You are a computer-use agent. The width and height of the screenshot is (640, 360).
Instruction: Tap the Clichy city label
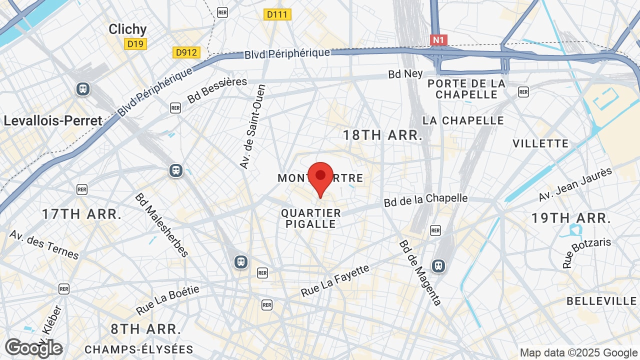(x=127, y=29)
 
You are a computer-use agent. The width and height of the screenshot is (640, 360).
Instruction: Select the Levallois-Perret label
(x=53, y=120)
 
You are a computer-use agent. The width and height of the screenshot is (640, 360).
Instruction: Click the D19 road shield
(x=135, y=44)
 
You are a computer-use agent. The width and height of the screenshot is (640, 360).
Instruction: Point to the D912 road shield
(x=186, y=52)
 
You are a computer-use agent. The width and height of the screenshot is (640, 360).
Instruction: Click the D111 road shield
(x=277, y=14)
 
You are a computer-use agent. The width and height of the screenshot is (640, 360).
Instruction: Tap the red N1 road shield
(x=438, y=40)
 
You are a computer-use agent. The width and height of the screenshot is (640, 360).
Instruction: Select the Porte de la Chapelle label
(x=466, y=89)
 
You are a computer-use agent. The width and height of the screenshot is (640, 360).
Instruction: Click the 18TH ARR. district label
(x=382, y=135)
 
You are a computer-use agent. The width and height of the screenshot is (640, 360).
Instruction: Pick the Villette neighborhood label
(x=540, y=144)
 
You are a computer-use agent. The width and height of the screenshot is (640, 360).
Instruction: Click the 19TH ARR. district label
(x=571, y=218)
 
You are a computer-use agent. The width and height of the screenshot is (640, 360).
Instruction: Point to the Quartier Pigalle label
(x=311, y=218)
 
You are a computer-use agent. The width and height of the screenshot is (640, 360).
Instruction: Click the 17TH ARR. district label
(x=82, y=214)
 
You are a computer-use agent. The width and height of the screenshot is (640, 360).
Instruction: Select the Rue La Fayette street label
(x=335, y=280)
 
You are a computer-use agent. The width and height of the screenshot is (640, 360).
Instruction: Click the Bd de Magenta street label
(x=420, y=272)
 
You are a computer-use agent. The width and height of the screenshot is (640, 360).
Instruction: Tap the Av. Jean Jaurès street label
(x=575, y=184)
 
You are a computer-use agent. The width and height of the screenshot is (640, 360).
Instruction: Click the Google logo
(x=33, y=348)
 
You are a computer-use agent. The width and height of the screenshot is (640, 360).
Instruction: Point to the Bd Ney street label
(x=405, y=74)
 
